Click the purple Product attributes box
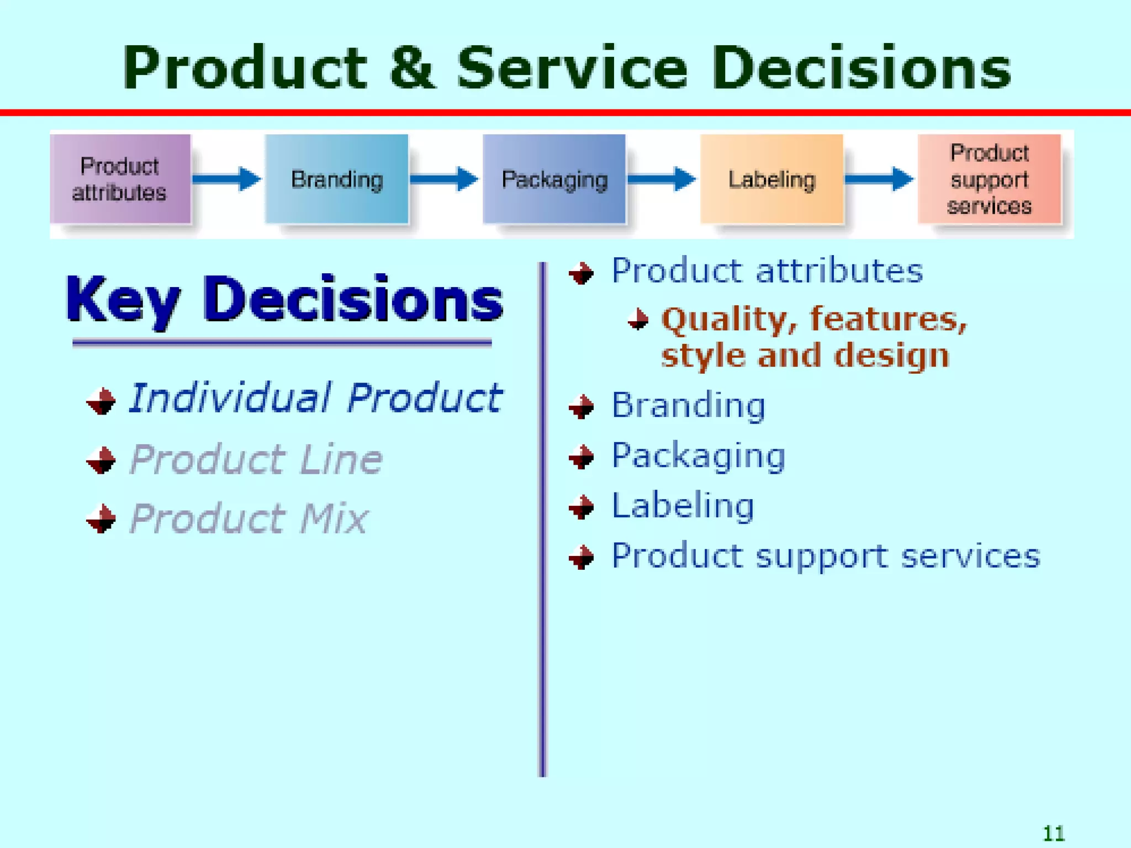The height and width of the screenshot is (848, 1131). tap(120, 179)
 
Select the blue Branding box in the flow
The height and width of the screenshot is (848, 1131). tap(336, 179)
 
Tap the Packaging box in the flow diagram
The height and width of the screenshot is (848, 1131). tap(554, 179)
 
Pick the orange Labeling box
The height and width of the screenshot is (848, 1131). tap(771, 179)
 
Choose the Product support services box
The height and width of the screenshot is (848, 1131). tap(989, 179)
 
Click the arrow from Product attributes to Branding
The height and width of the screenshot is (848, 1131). tap(226, 179)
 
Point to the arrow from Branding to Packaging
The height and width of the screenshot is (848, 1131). tap(444, 179)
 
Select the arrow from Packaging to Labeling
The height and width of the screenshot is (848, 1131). tap(662, 179)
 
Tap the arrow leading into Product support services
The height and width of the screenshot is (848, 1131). tap(879, 179)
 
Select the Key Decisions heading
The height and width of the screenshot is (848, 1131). tap(284, 299)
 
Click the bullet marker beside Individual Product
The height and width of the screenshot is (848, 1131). tap(101, 401)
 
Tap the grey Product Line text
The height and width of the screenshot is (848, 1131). tap(256, 459)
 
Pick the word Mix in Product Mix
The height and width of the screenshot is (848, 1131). tap(334, 519)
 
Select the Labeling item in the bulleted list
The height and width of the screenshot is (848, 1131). tap(683, 506)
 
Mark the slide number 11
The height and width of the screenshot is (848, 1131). tap(1054, 833)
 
